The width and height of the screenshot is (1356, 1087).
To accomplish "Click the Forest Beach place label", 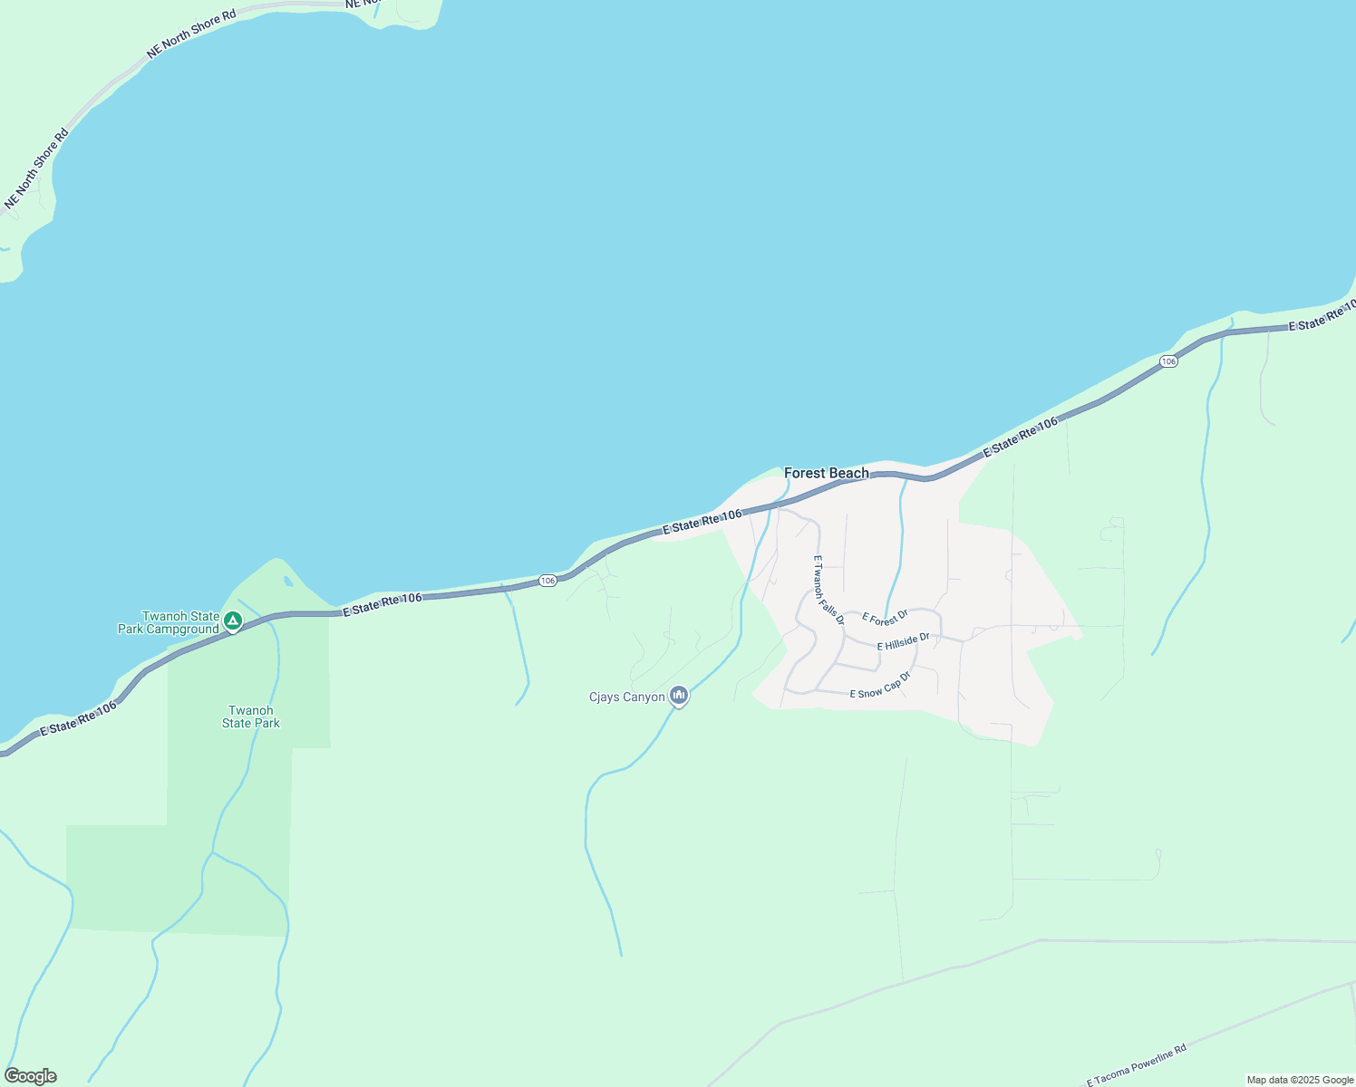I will coord(826,473).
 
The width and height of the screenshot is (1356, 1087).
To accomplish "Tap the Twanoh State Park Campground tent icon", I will coord(233,621).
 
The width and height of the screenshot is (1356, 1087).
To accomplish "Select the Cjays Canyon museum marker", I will coord(679,696).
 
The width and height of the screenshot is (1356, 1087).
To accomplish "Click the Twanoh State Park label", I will coord(251,717).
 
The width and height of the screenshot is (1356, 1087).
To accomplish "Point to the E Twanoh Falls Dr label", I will coord(828,590).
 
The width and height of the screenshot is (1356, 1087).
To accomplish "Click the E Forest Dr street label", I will coord(885,618).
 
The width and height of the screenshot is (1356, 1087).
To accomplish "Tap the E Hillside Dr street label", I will coord(903,642).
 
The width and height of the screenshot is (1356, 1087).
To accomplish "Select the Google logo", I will coord(30,1076).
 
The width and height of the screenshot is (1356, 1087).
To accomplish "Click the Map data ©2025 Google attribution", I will coord(1300,1080).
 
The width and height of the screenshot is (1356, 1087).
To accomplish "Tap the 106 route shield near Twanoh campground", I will coord(547,580).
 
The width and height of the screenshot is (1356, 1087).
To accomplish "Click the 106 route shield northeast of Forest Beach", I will coord(1168,361).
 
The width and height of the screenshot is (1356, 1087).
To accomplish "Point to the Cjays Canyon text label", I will coord(626,697).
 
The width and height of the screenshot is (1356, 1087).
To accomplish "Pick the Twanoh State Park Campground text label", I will coord(169,622).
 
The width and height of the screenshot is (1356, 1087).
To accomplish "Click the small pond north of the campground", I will coord(287,582).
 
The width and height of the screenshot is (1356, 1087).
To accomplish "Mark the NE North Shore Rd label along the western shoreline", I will coord(36,169).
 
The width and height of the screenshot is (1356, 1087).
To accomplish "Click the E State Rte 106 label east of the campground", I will coord(383,604).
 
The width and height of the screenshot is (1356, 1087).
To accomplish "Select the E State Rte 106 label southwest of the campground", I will coord(78,719).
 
